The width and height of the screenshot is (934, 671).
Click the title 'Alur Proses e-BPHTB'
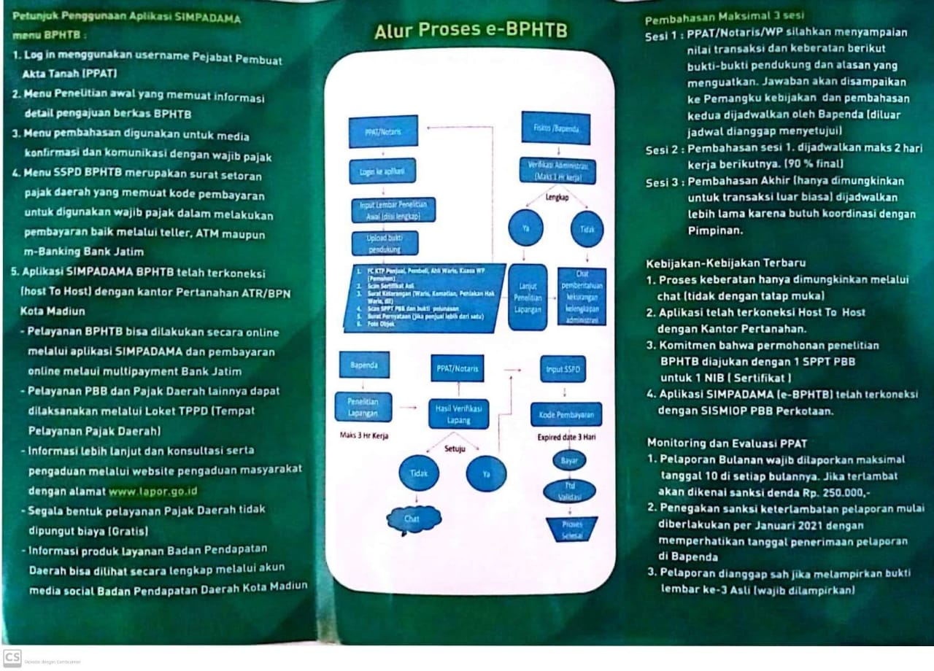471,31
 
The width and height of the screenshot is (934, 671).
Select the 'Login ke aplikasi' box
382,171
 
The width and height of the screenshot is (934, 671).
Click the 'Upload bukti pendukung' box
385,244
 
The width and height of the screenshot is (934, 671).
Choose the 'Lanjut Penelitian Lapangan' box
527,297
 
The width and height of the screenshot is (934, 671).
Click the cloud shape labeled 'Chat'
414,519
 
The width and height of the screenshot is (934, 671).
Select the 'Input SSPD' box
564,369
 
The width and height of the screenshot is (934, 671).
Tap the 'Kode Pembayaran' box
566,414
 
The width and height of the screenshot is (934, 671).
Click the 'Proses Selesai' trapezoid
571,530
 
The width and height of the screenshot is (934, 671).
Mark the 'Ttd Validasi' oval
569,491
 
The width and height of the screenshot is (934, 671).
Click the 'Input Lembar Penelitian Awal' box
393,210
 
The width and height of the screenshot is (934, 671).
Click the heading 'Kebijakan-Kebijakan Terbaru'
726,263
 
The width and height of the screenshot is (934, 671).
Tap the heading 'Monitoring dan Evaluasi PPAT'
727,443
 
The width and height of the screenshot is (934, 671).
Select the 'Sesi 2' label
664,150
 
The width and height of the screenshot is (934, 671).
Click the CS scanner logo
12,656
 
